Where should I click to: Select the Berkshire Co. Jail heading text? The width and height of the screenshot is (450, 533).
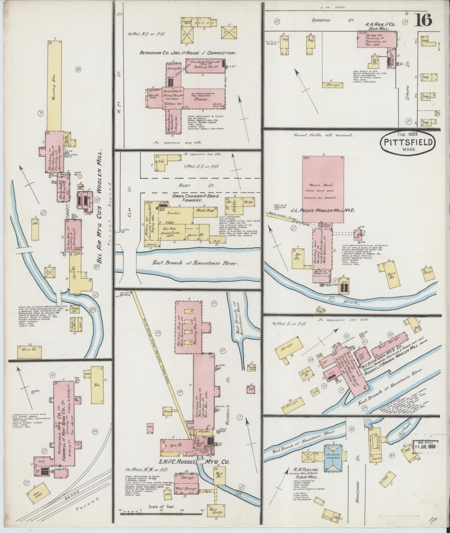[187, 53]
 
